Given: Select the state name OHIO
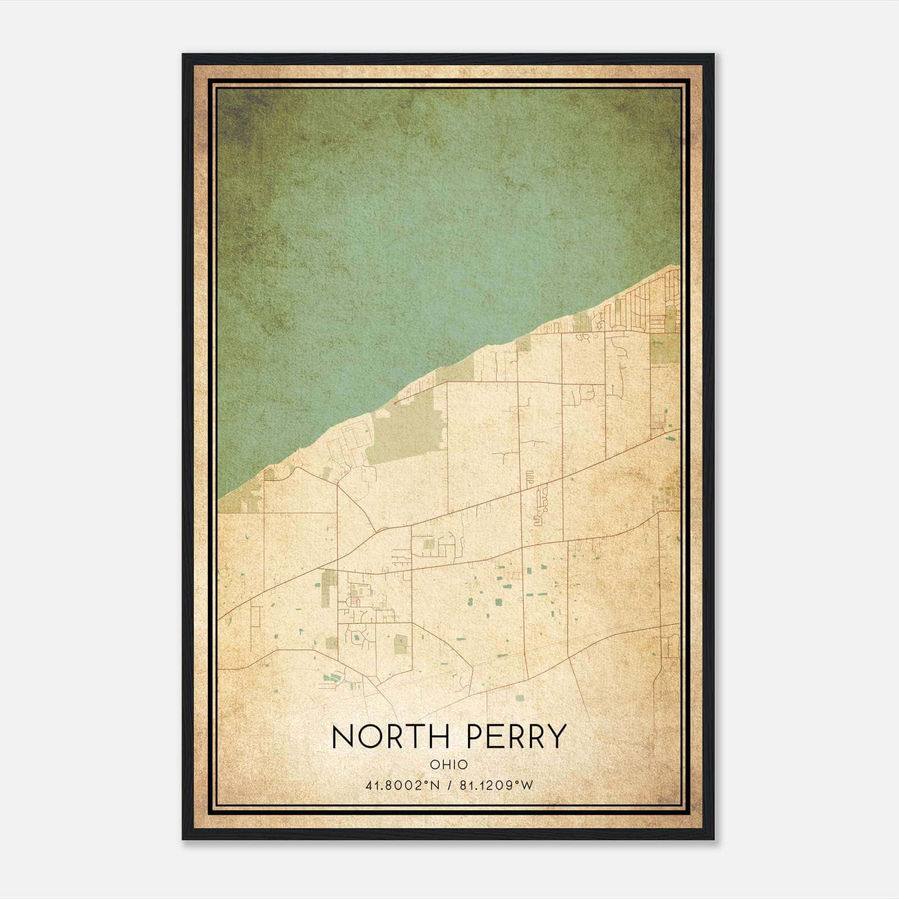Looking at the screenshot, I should (x=448, y=765).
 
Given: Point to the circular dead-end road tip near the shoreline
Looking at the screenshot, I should (x=396, y=402).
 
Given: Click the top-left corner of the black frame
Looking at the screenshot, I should (x=184, y=55).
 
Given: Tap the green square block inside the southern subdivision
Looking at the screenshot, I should (x=400, y=644).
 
